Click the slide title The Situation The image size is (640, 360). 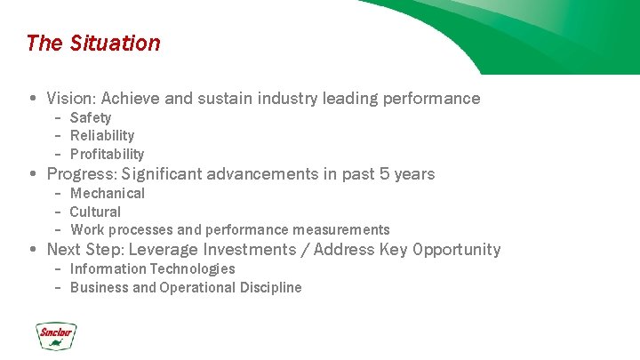click(93, 43)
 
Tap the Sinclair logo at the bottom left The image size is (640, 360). click(56, 335)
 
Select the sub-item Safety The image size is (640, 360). click(91, 117)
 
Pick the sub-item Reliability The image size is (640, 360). click(102, 135)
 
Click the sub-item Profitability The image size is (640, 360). click(107, 154)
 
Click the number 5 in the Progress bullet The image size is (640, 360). click(385, 174)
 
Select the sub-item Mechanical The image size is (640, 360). click(107, 193)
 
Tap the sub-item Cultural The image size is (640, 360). click(95, 212)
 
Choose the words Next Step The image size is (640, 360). click(82, 250)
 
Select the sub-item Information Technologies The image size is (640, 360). click(152, 268)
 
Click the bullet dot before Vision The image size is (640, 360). click(32, 99)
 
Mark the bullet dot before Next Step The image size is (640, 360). click(32, 250)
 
